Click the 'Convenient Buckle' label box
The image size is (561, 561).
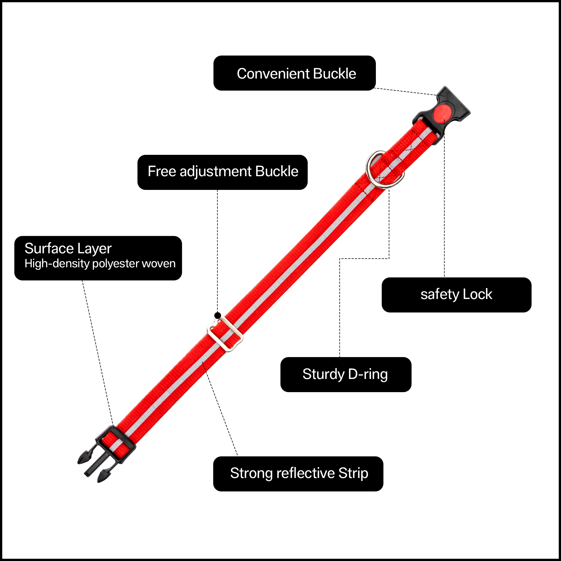295,73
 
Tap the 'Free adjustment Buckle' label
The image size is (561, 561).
222,172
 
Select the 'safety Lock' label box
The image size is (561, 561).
456,295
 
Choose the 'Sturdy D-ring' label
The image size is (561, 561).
346,374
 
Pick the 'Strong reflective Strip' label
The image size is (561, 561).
298,473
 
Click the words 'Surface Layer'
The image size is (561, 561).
68,249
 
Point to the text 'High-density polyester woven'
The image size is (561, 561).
100,264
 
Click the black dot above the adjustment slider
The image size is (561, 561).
217,315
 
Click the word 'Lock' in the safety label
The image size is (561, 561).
477,295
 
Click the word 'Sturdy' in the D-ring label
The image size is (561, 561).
323,374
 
